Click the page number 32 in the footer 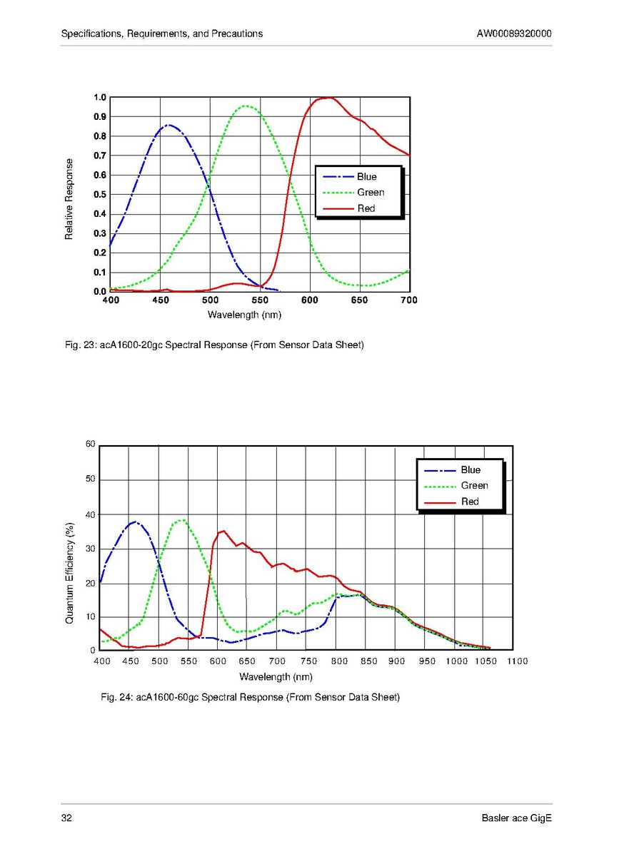tap(66, 818)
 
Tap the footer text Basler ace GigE tap(517, 818)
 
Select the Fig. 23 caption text tap(215, 345)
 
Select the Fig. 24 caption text tap(251, 696)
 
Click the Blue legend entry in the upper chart tap(366, 177)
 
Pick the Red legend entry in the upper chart tap(366, 208)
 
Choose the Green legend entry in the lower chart tap(474, 486)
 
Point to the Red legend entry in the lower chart tap(470, 502)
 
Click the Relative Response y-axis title tap(69, 199)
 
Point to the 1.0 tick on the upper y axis tap(100, 98)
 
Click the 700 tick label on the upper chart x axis tap(408, 300)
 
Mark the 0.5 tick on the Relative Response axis tap(100, 195)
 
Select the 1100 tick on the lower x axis tap(517, 661)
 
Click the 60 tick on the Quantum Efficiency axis tap(90, 444)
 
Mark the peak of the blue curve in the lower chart tap(134, 522)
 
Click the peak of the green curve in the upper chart tap(246, 106)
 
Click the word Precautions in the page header tap(238, 34)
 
